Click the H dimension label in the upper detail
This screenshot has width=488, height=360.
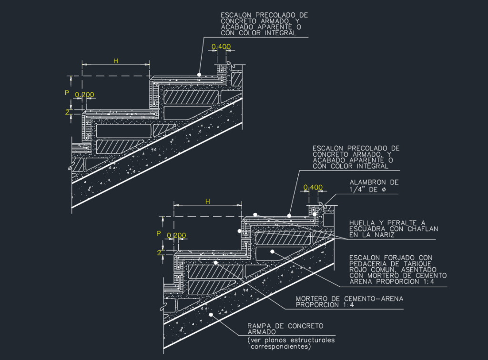(115, 60)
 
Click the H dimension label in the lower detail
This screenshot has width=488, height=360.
(207, 201)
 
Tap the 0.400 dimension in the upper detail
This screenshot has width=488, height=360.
(221, 47)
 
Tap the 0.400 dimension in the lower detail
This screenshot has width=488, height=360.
(313, 187)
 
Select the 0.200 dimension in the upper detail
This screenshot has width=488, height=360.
(84, 95)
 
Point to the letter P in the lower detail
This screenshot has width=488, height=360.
(159, 233)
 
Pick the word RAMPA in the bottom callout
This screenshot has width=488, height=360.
(258, 326)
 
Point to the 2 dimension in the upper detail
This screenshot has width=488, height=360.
(67, 112)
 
